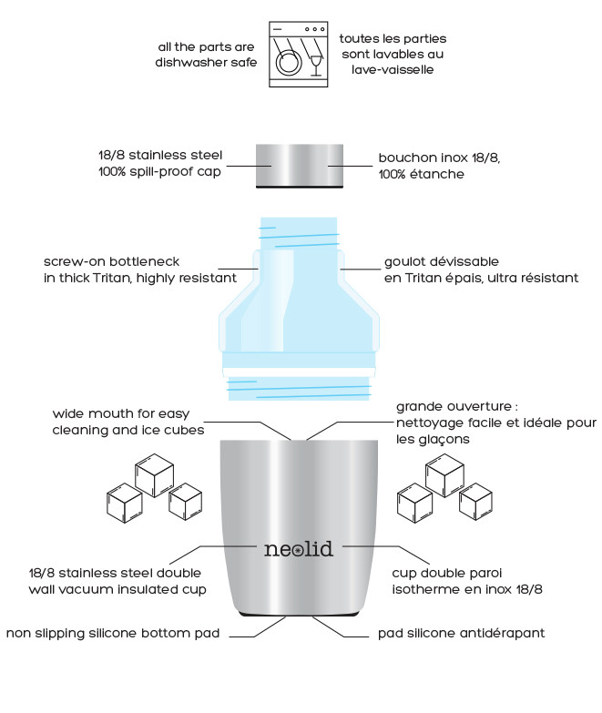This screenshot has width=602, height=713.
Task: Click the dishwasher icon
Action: click(298, 54)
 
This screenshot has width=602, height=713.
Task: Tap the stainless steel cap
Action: click(299, 165)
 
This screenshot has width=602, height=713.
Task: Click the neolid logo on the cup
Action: click(298, 549)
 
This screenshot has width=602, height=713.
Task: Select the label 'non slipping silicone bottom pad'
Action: click(114, 633)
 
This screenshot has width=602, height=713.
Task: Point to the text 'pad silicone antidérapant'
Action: click(462, 633)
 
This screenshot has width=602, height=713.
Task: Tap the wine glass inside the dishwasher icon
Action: click(316, 61)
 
